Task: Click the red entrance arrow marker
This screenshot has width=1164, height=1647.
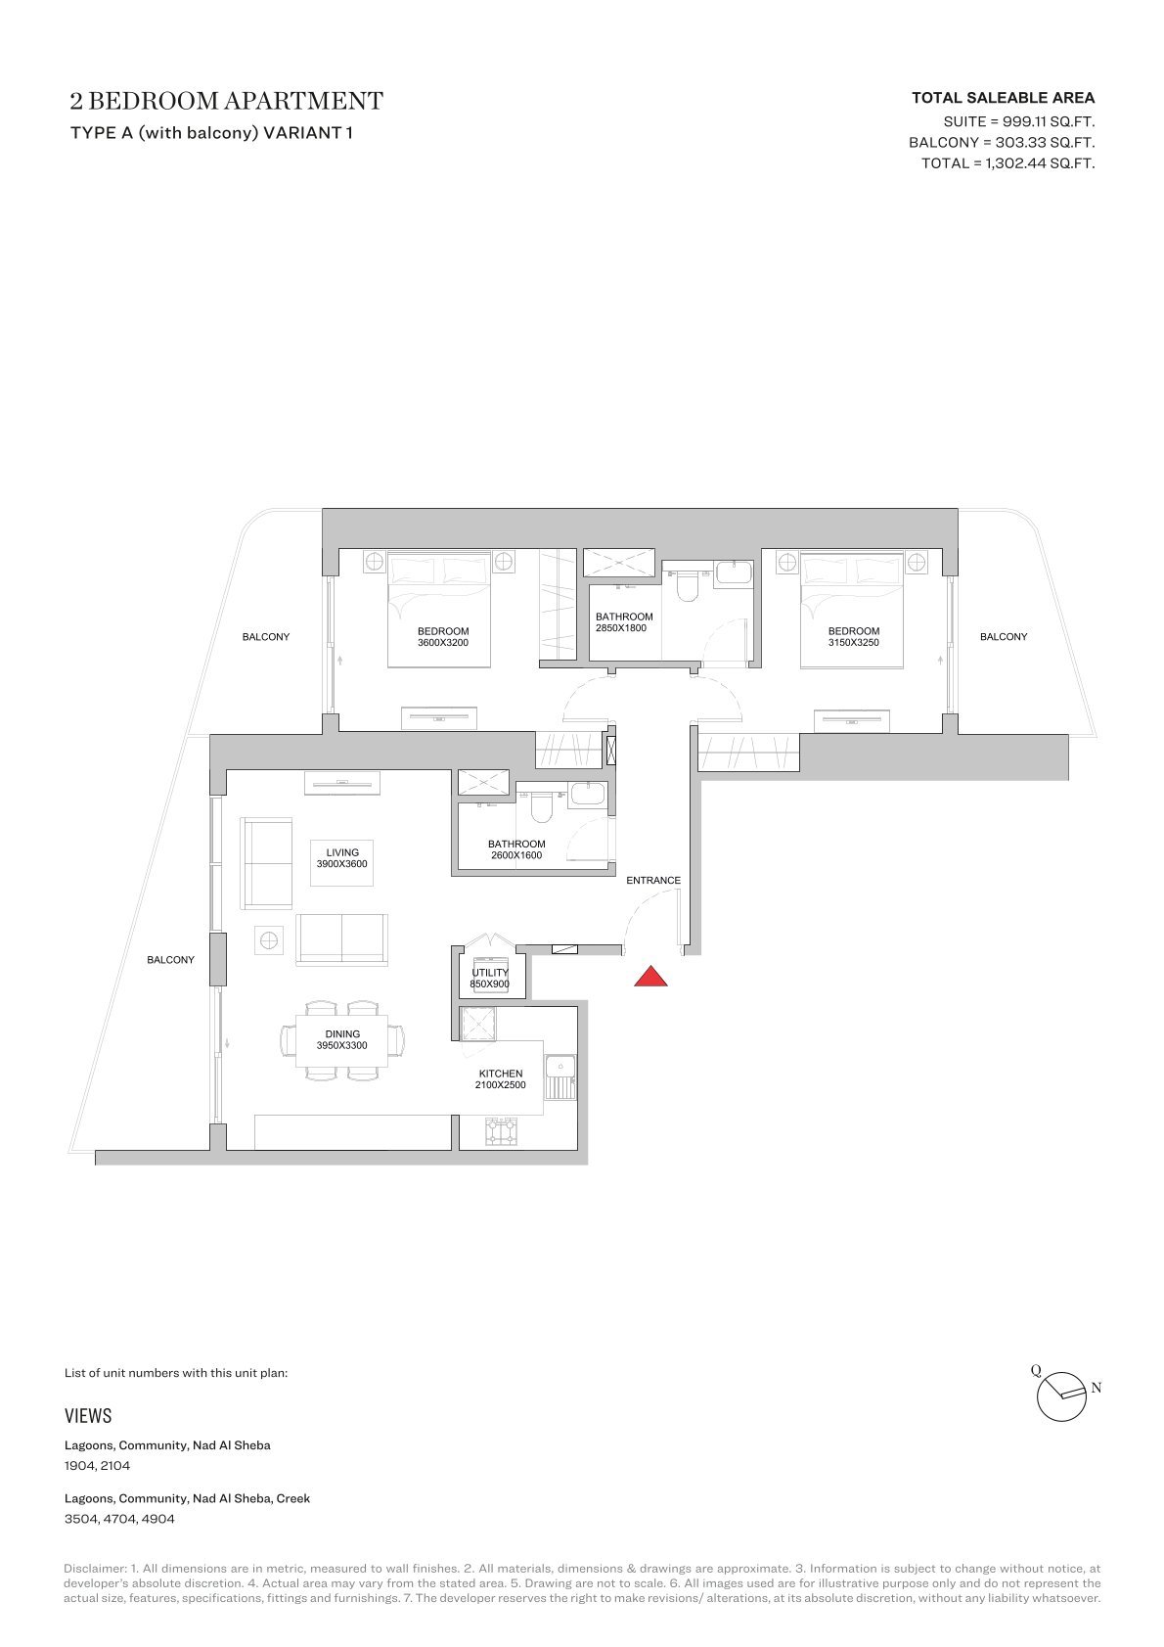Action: (x=650, y=977)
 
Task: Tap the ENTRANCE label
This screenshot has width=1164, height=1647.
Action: (x=653, y=880)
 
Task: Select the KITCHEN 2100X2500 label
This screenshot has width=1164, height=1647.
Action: (x=501, y=1079)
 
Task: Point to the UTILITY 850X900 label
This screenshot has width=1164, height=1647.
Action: (x=490, y=978)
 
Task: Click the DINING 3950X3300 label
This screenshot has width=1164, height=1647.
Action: (x=342, y=1039)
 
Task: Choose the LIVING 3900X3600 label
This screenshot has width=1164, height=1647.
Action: (x=342, y=858)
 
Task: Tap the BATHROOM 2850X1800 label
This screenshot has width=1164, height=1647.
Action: (x=624, y=622)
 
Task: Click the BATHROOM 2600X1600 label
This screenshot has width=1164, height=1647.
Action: (x=516, y=849)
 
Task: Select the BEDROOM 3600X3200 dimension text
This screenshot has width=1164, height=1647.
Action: (x=443, y=643)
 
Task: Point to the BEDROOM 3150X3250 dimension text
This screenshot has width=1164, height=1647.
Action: (x=853, y=643)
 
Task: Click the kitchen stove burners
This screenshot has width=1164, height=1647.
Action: (x=501, y=1131)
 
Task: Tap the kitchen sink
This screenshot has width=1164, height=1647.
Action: (x=560, y=1076)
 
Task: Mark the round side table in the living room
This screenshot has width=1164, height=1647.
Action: (x=268, y=940)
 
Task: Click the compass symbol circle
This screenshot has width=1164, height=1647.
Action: (x=1061, y=1397)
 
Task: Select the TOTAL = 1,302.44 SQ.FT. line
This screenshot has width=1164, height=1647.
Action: (x=1008, y=163)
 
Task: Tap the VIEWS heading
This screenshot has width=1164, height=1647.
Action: (x=88, y=1416)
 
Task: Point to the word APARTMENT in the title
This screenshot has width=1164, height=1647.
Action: (x=303, y=101)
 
